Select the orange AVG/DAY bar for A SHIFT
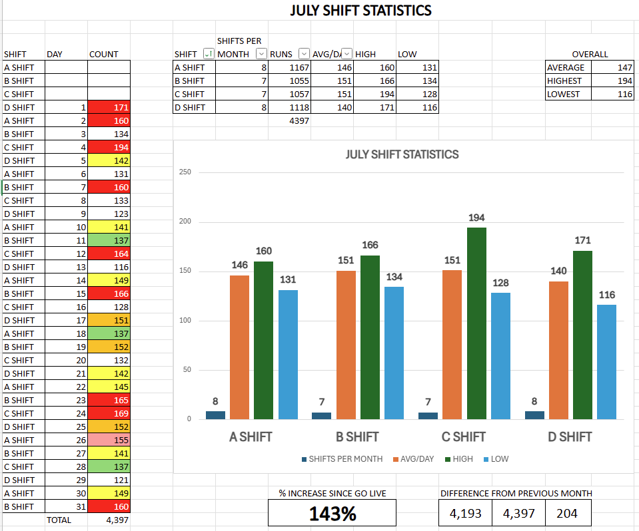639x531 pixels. coord(239,347)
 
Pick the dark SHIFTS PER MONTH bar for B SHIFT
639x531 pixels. coord(321,416)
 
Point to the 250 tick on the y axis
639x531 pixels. coord(185,172)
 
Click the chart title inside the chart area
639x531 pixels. coord(402,154)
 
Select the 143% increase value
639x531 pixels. coord(332,513)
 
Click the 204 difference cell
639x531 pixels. coord(568,513)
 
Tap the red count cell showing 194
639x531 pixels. coord(109,147)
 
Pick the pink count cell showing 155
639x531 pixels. coord(109,440)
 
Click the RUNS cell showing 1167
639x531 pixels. coord(290,67)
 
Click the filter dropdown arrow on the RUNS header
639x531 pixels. coord(304,54)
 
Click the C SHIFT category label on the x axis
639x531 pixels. coord(463,437)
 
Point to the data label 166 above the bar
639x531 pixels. coord(370,246)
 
